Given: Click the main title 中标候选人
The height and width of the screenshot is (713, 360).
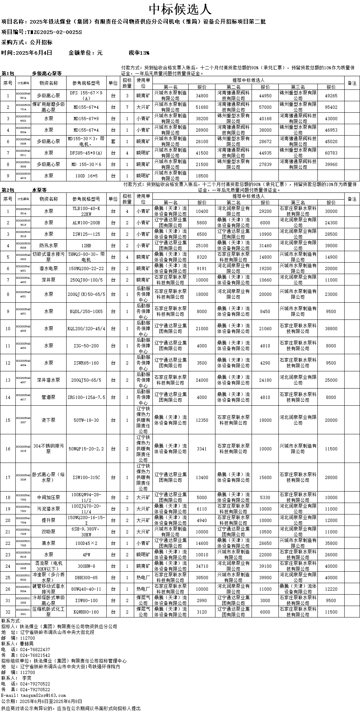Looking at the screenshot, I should (x=180, y=9).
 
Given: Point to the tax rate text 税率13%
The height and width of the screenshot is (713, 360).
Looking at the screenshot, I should (x=139, y=53).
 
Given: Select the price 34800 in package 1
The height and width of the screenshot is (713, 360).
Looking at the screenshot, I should (x=202, y=96).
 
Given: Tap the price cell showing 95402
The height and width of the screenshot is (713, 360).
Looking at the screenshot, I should (x=331, y=107).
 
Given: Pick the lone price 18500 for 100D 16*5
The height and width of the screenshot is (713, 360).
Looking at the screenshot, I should (x=202, y=176).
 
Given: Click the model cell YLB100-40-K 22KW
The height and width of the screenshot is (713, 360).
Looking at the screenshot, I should (x=86, y=211).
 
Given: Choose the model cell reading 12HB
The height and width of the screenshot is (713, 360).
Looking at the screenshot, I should (x=86, y=245).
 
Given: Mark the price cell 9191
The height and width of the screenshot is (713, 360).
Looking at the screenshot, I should (x=202, y=268).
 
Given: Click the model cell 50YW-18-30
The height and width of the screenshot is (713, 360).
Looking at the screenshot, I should (x=86, y=420).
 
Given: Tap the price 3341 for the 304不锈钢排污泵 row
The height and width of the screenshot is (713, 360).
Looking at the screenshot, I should (x=202, y=449).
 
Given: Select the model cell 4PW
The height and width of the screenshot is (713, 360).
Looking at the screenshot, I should (x=86, y=555).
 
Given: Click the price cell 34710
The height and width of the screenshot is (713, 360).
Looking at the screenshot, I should (x=202, y=566).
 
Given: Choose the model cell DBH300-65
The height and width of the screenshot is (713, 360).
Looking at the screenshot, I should (x=86, y=577).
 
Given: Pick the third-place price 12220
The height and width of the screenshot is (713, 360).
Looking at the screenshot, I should (x=331, y=589).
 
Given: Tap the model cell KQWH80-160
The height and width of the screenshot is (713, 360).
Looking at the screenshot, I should (x=86, y=612).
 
